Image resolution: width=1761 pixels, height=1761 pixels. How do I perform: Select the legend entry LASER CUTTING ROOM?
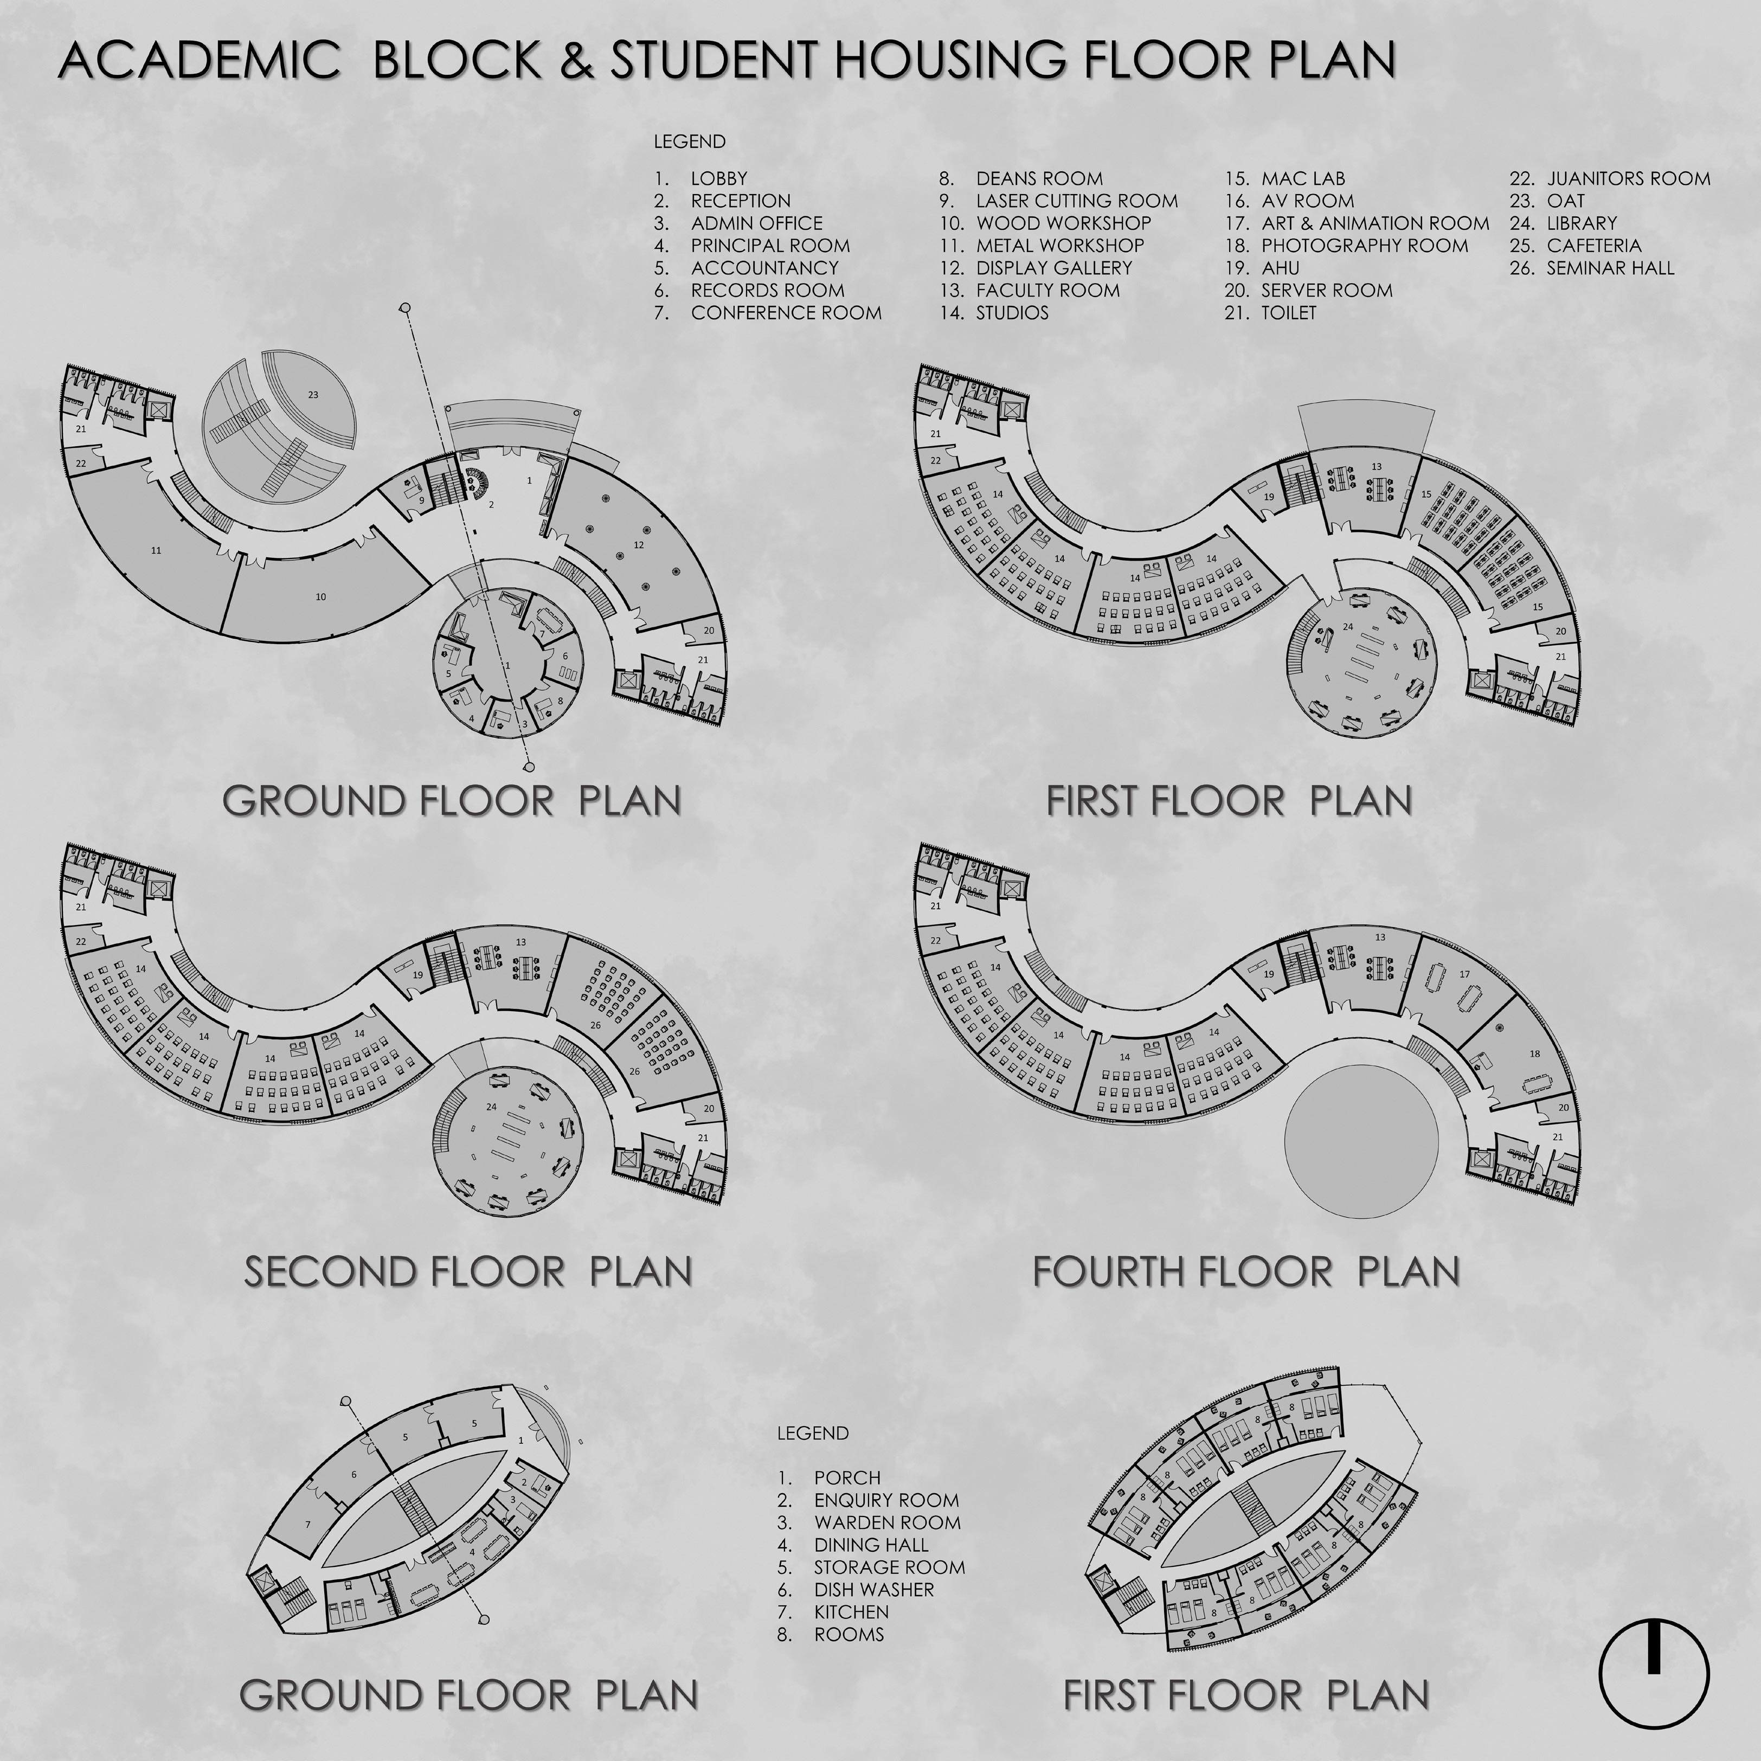coord(1076,201)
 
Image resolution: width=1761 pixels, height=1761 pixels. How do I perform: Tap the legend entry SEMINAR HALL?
coord(1610,268)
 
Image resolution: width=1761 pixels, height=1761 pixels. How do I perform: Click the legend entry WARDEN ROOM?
coord(886,1522)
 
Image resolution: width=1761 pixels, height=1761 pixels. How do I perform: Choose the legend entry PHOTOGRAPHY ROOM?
coord(1364,245)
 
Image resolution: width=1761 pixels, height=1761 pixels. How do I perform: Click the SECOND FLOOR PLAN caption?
coord(467,1271)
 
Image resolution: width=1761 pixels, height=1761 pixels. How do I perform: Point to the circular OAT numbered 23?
coord(313,395)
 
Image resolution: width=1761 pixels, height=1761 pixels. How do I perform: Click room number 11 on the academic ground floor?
coord(156,550)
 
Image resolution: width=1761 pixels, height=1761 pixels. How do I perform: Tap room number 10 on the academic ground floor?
coord(321,597)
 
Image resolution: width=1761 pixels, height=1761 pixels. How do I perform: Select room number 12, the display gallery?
coord(638,545)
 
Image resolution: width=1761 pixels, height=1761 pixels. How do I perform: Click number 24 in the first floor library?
coord(1348,627)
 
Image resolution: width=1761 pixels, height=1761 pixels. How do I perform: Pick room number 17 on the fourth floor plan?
coord(1464,974)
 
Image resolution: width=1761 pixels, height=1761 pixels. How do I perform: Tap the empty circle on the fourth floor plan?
coord(1361,1139)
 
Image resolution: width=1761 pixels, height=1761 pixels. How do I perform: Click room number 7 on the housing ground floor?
coord(308,1524)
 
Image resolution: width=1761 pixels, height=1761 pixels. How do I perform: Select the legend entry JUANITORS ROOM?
coord(1628,179)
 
